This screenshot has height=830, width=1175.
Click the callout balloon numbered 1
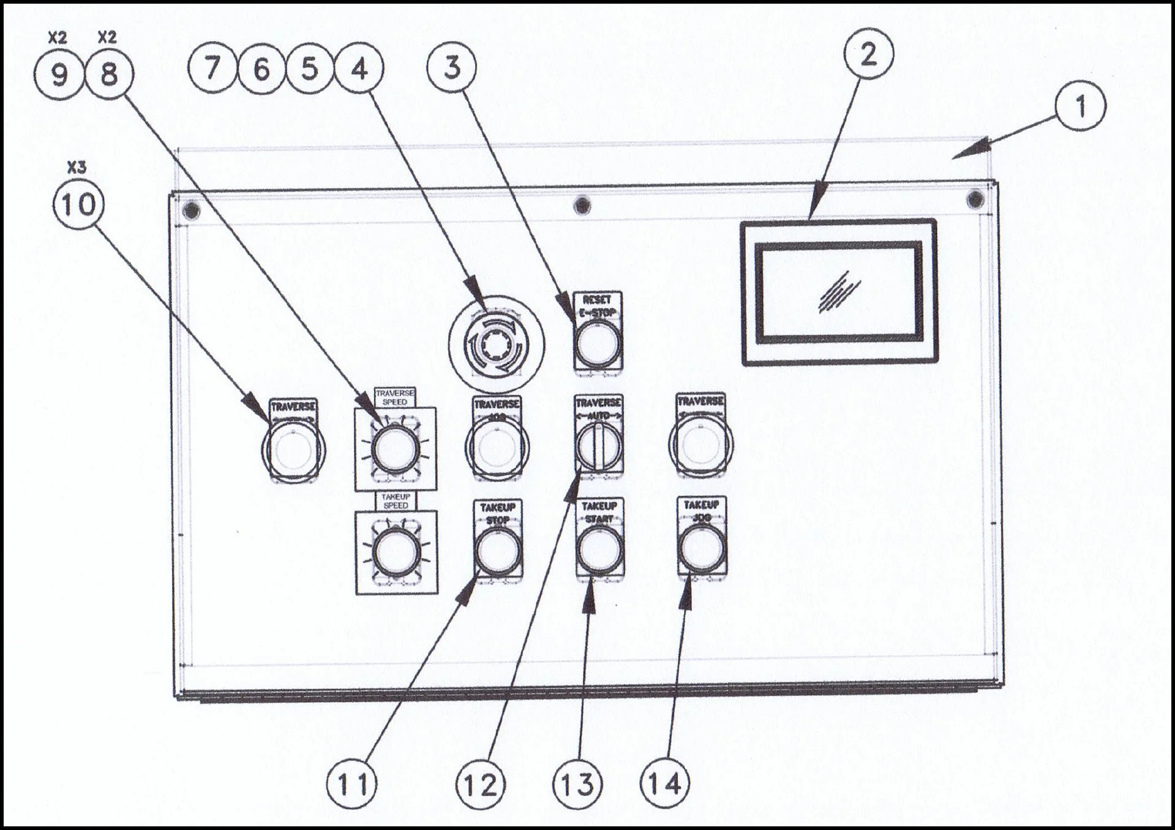click(1081, 106)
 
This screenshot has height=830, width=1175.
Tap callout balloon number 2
click(868, 54)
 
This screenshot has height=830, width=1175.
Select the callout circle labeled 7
click(212, 68)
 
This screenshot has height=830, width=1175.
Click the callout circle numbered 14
click(664, 783)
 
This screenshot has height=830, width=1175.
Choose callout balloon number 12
click(481, 785)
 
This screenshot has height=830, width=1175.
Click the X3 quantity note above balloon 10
click(77, 168)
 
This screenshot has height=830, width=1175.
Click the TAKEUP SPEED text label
click(395, 501)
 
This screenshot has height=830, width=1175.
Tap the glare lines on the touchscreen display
click(839, 293)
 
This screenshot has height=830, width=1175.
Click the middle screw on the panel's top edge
click(582, 204)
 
